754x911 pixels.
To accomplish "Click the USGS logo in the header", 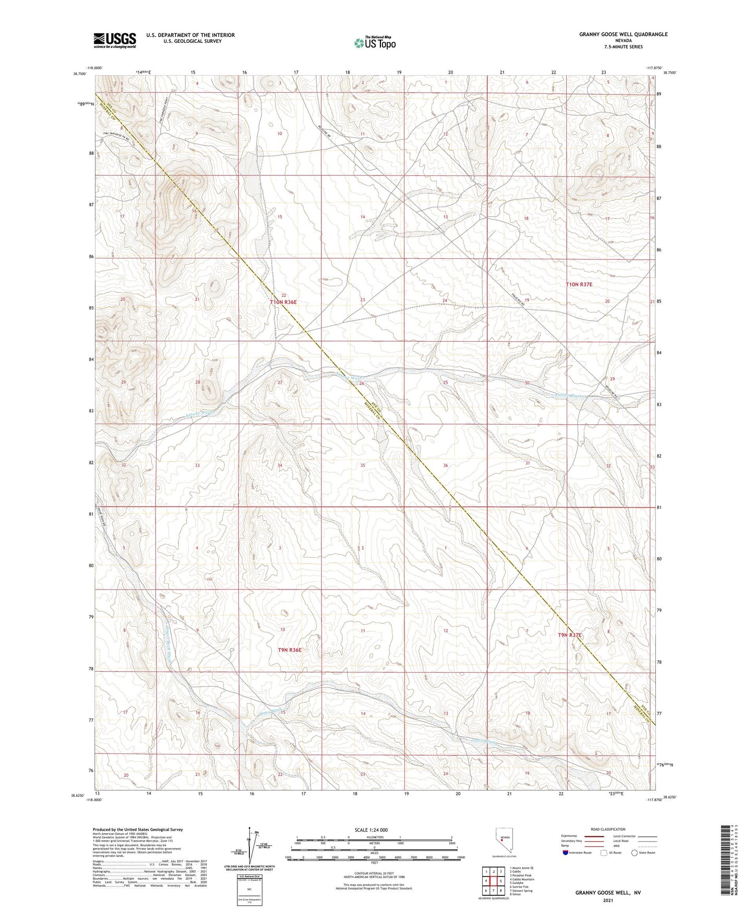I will point(114,40).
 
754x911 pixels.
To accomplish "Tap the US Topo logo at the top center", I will point(374,43).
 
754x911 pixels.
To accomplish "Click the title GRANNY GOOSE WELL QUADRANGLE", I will point(623,34).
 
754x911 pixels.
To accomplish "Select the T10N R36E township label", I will point(286,302).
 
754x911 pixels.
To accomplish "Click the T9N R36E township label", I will point(290,650).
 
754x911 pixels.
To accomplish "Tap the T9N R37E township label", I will point(569,635).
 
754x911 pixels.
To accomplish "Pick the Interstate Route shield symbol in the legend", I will point(566,853).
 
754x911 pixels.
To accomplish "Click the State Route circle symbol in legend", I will point(634,853).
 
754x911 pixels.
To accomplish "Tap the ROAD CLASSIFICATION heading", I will point(608,829).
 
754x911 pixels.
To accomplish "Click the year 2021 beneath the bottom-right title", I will point(608,901).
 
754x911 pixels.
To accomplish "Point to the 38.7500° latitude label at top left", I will point(81,74).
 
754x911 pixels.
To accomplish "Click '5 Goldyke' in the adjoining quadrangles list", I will point(519,883).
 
